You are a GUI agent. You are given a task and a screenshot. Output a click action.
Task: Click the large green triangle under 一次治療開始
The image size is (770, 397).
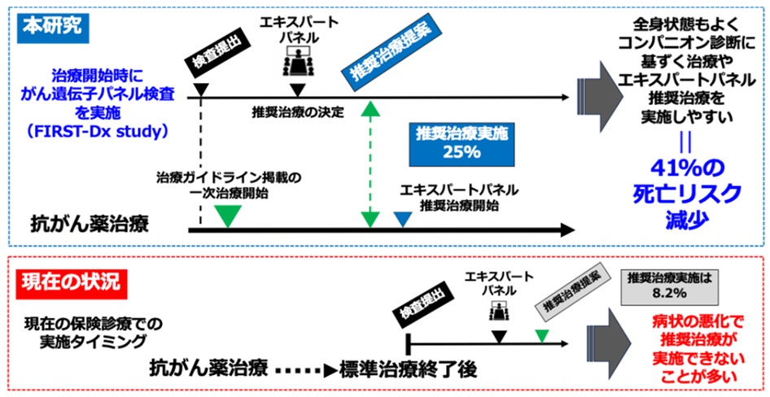click(x=228, y=215)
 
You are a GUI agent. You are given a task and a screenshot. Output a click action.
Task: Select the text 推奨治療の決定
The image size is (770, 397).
click(x=298, y=111)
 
